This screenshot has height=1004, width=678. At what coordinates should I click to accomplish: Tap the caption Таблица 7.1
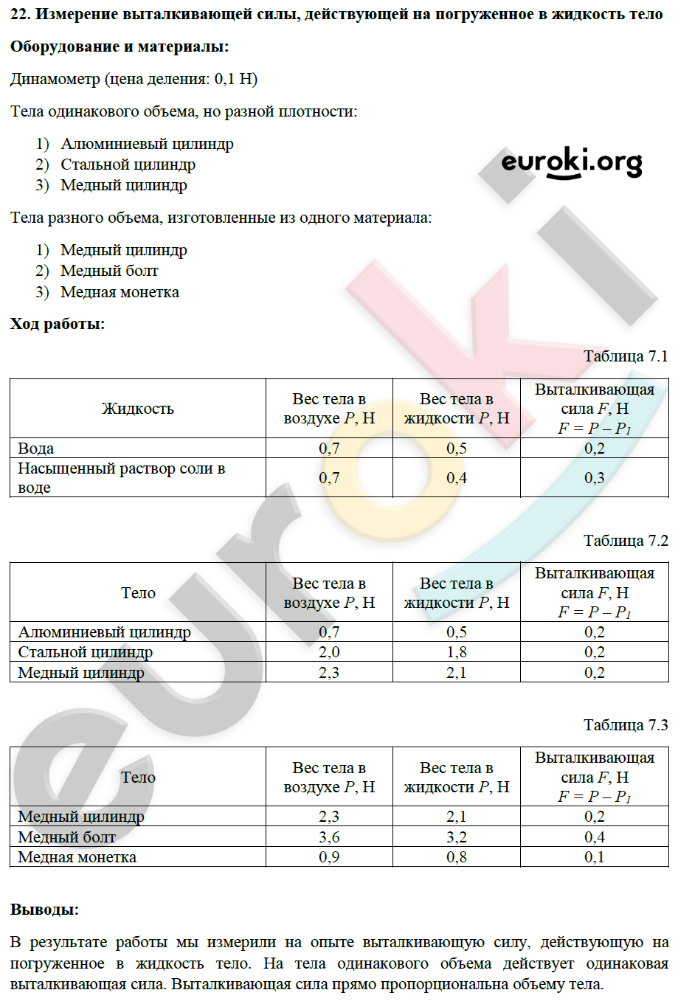pyautogui.click(x=625, y=356)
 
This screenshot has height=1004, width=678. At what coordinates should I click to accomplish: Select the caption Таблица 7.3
pyautogui.click(x=625, y=725)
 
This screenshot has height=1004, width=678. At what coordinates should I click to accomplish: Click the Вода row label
pyautogui.click(x=36, y=449)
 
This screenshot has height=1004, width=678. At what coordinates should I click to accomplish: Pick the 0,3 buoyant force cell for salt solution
pyautogui.click(x=594, y=478)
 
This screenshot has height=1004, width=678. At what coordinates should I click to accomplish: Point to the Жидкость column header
pyautogui.click(x=138, y=409)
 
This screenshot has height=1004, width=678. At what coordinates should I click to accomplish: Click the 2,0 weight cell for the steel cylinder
pyautogui.click(x=329, y=652)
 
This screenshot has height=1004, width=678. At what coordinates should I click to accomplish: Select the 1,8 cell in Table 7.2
pyautogui.click(x=457, y=652)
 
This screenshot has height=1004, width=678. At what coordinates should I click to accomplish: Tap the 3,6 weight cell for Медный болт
pyautogui.click(x=329, y=837)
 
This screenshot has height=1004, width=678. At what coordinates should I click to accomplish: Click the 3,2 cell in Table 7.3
pyautogui.click(x=457, y=837)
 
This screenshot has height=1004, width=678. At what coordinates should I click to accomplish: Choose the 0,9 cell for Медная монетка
pyautogui.click(x=329, y=857)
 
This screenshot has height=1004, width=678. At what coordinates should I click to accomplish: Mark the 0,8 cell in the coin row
pyautogui.click(x=457, y=857)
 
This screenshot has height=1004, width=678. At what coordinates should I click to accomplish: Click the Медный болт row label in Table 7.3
pyautogui.click(x=67, y=837)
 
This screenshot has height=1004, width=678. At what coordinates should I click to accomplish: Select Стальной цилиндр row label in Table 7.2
pyautogui.click(x=86, y=652)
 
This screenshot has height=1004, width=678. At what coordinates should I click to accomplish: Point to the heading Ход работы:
pyautogui.click(x=58, y=324)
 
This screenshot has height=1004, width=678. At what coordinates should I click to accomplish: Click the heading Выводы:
pyautogui.click(x=44, y=910)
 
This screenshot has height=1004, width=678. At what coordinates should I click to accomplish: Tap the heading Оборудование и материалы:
pyautogui.click(x=120, y=46)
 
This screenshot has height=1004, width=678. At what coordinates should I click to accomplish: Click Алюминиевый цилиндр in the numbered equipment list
pyautogui.click(x=147, y=144)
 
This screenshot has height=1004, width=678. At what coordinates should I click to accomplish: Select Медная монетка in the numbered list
pyautogui.click(x=120, y=292)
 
